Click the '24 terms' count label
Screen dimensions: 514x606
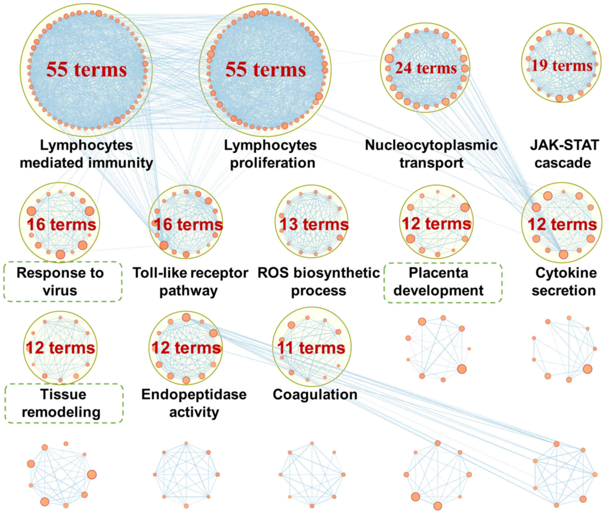point(426,68)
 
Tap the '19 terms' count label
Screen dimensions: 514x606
point(562,66)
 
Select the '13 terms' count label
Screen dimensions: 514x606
point(314,224)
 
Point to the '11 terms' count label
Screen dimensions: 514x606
point(311,348)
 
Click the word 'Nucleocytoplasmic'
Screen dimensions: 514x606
point(431,145)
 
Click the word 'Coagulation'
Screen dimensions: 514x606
point(315,394)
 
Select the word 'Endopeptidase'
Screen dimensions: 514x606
point(194,394)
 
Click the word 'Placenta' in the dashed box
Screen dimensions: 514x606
point(438,273)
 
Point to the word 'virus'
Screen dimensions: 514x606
point(60,290)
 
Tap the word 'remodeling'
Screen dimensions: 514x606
point(61,412)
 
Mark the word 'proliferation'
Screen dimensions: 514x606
point(272,163)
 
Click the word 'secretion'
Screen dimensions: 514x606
point(564,290)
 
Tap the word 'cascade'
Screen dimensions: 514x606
point(563,163)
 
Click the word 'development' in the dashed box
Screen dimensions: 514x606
point(438,290)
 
